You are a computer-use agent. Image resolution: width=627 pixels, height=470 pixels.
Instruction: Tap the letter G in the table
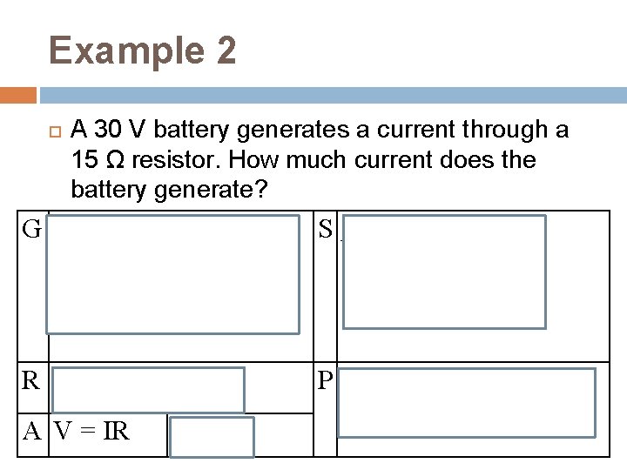[x=32, y=230]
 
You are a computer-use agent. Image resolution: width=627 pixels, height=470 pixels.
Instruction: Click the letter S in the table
[x=326, y=230]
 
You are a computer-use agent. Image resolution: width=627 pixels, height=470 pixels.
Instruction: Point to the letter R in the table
[x=31, y=380]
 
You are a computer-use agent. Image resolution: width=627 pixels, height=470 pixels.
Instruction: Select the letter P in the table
[x=326, y=381]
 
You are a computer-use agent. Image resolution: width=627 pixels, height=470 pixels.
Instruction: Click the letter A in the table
[x=31, y=430]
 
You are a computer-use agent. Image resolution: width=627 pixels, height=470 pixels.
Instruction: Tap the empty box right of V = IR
[x=212, y=437]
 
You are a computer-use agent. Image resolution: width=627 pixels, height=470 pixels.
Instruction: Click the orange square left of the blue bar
[x=18, y=94]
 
